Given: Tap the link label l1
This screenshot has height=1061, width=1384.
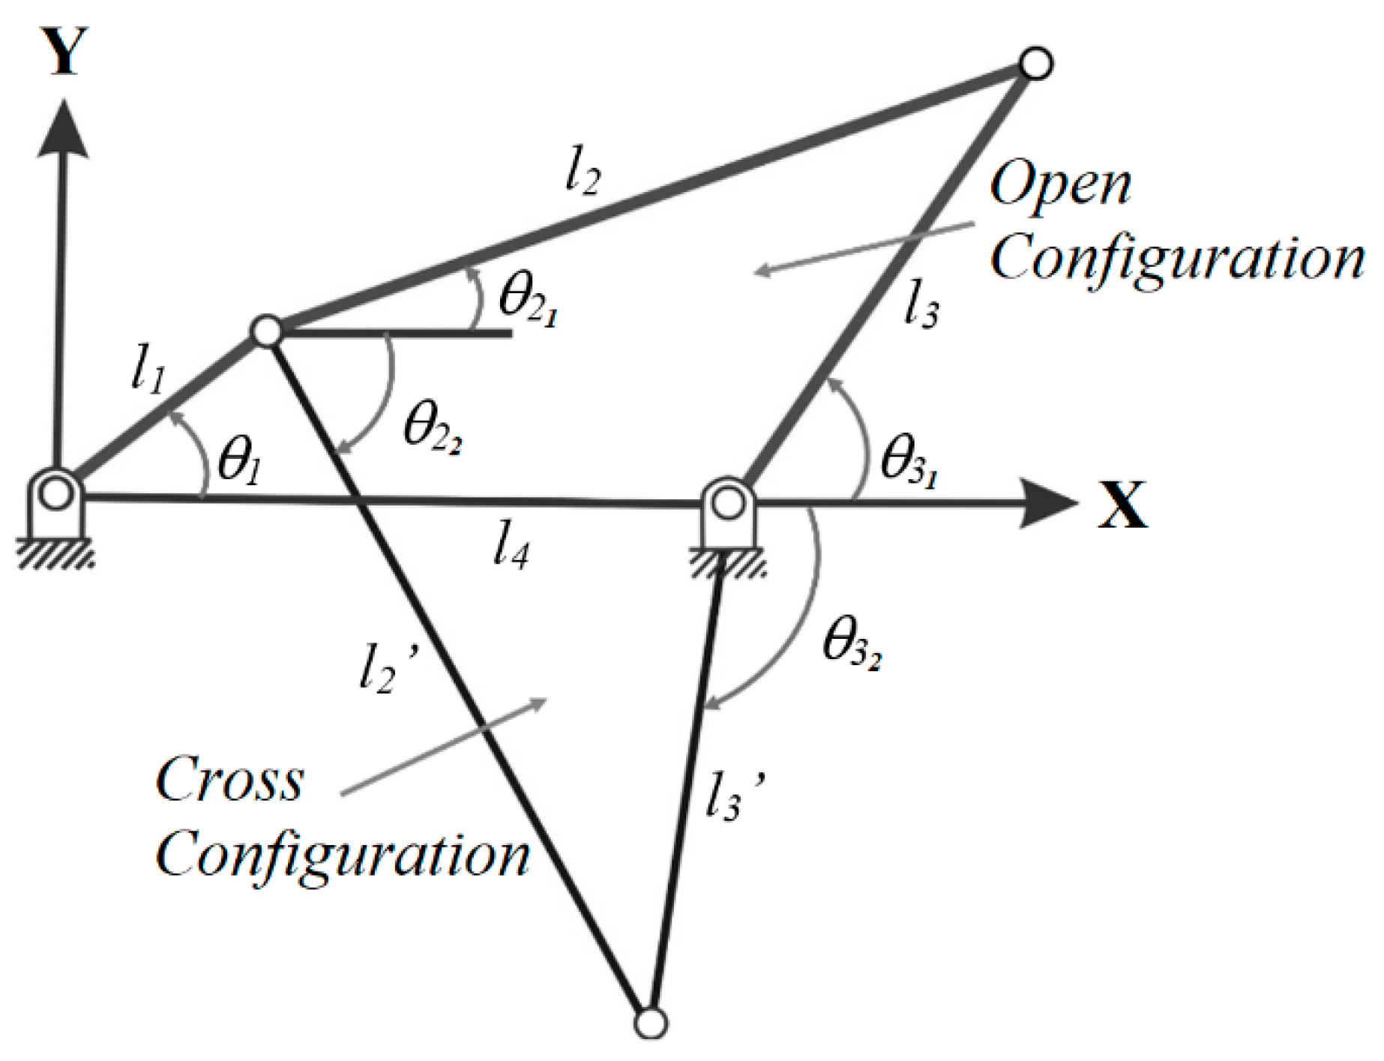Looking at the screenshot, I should point(147,372).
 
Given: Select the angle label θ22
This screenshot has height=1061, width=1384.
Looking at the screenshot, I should point(431,427).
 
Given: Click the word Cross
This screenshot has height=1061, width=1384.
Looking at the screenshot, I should point(229,780).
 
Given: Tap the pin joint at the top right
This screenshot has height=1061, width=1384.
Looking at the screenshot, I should point(1035,63).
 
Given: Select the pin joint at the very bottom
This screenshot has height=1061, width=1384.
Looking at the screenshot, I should point(650,1023).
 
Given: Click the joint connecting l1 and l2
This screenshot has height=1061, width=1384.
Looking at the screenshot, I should point(266,330).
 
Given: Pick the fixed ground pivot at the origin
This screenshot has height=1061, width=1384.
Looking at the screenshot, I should point(55,495).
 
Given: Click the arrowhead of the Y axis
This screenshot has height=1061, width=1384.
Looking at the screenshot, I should point(63,127).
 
